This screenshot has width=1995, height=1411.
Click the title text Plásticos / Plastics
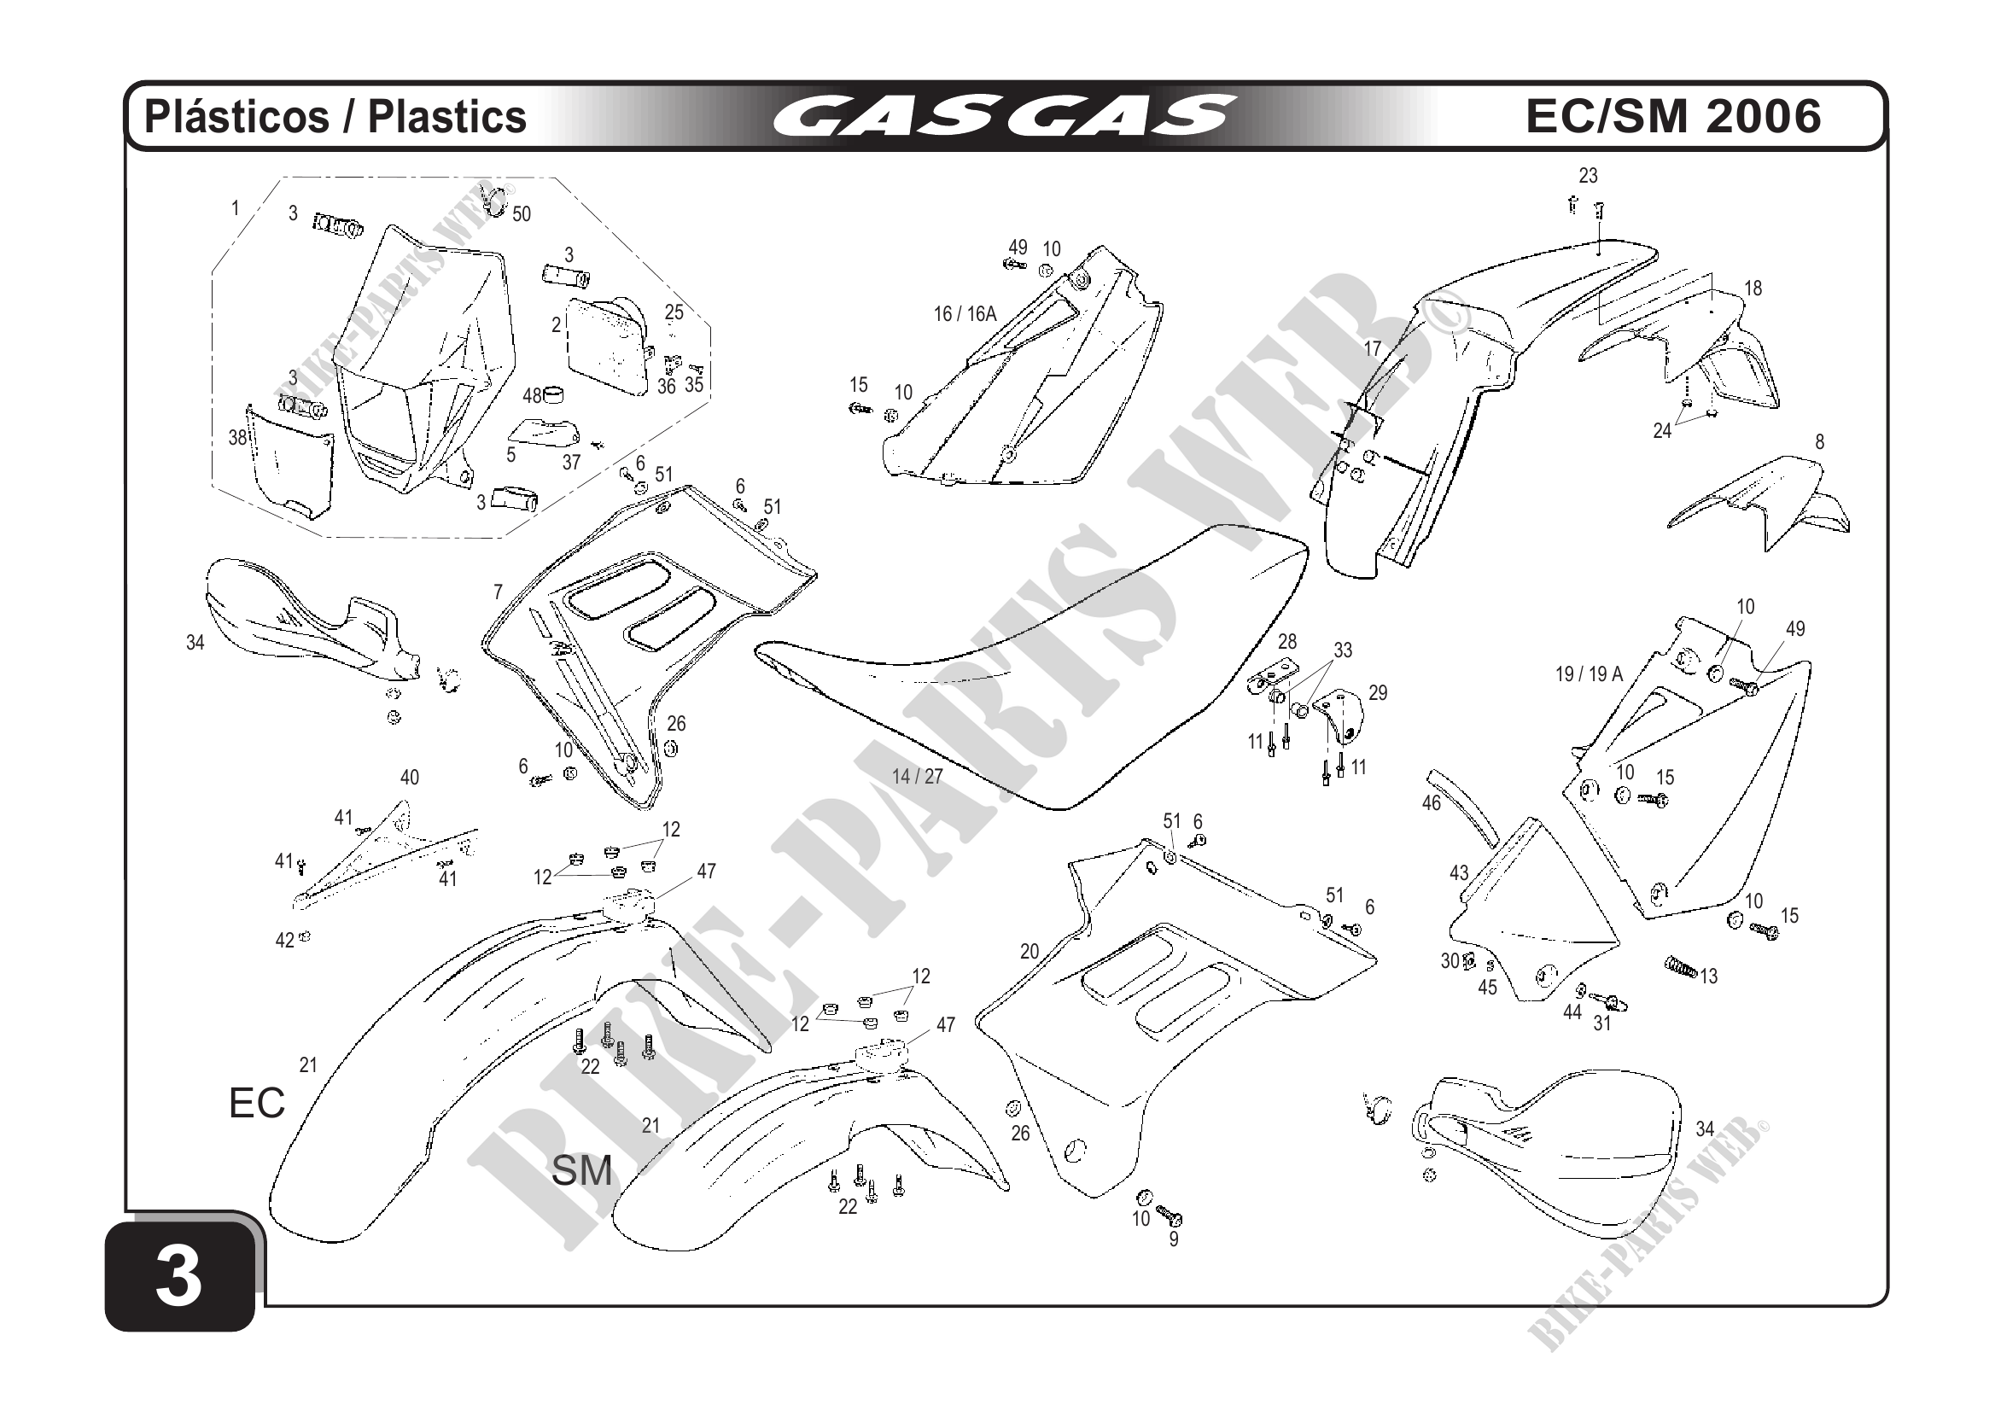coord(335,116)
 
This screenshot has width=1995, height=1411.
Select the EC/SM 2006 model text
coord(1672,116)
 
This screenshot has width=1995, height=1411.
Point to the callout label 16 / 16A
coord(965,314)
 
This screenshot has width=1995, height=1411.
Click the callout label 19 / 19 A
coord(1589,673)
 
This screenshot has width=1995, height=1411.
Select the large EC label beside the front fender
coord(256,1104)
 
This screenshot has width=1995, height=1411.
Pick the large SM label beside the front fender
coord(581,1171)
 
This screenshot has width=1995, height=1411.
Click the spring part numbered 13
coord(1681,965)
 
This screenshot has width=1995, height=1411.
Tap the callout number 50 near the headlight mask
coord(522,213)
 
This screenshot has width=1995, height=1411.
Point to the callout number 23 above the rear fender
coord(1588,176)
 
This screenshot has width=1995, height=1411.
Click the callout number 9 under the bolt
coord(1173,1239)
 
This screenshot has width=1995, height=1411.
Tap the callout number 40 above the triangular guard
coord(409,778)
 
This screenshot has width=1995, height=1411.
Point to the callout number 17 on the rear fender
coord(1372,348)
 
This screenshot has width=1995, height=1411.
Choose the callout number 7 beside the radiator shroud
coord(498,592)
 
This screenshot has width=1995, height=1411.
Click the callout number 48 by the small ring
coord(532,396)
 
